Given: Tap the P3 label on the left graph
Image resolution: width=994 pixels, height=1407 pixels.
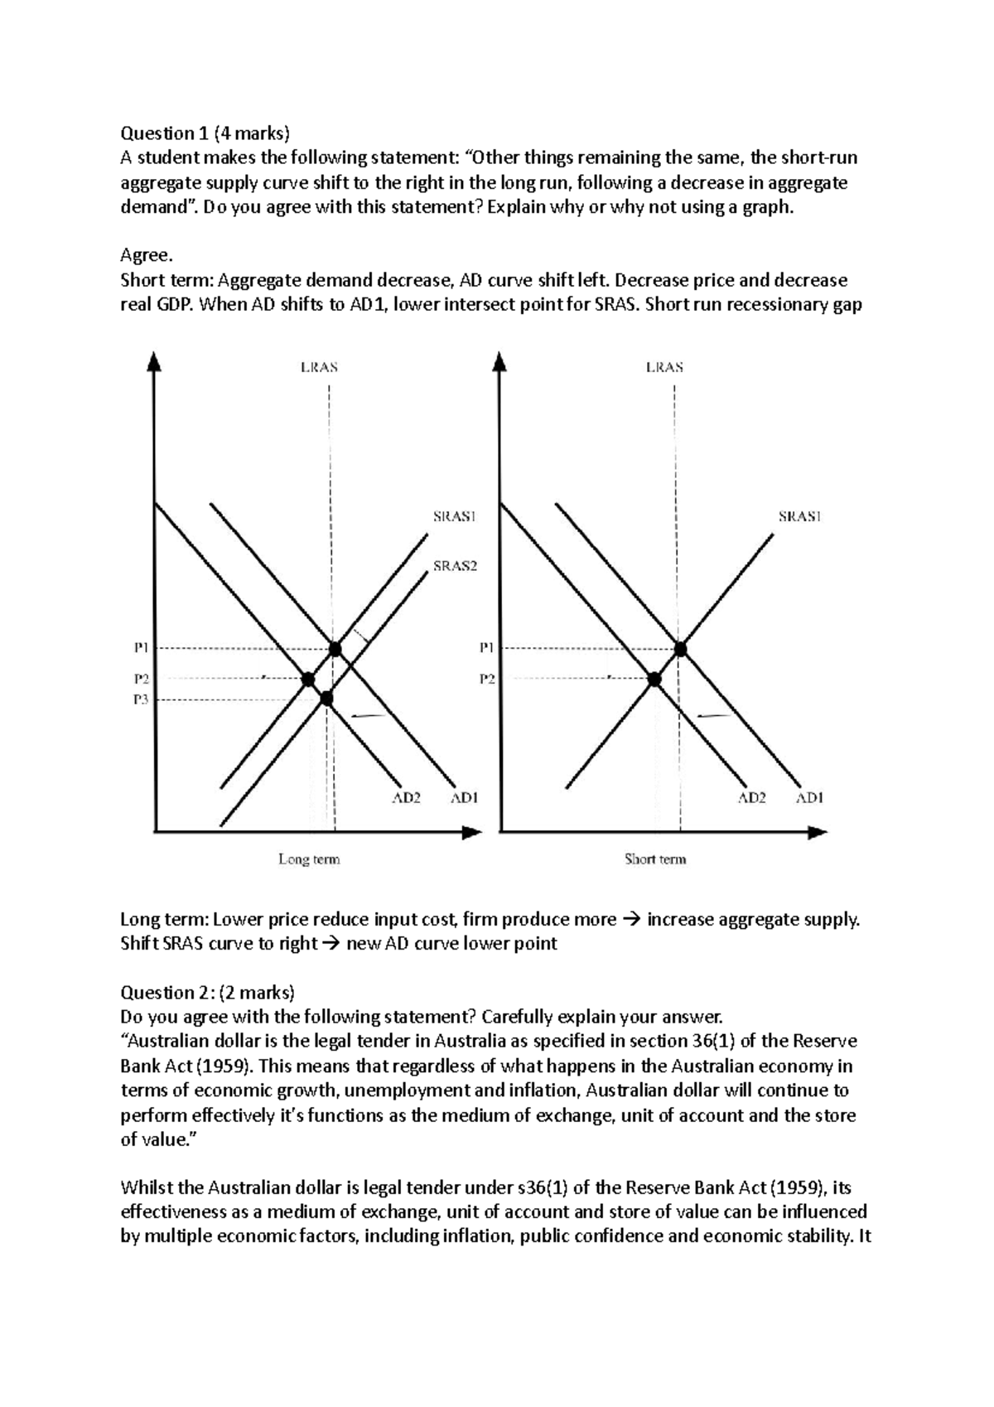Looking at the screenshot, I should (140, 699).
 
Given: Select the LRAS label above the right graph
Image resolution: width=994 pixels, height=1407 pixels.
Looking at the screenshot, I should (664, 366).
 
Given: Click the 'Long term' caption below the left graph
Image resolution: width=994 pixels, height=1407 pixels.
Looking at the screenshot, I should (309, 859).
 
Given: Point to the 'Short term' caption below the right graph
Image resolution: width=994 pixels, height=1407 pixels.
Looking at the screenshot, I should (655, 859).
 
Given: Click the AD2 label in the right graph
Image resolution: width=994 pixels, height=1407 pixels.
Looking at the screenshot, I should (752, 798).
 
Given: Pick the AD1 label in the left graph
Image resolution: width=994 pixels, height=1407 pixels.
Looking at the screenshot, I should (464, 798).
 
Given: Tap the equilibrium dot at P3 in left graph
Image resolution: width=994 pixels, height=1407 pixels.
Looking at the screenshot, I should (326, 699).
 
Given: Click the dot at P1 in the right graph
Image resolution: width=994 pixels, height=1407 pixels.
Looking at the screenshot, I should (681, 649).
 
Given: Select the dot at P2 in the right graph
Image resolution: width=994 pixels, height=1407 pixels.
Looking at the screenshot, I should (654, 679).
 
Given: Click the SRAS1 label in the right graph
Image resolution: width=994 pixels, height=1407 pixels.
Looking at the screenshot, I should (799, 516).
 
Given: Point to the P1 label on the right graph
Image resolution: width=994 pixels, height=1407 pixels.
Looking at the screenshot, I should (486, 648).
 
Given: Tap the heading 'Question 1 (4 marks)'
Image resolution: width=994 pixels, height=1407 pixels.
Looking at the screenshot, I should (206, 133).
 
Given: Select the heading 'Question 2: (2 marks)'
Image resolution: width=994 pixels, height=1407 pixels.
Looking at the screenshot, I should (207, 992).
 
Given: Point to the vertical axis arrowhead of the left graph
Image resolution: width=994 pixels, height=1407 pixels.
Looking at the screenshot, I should (154, 362).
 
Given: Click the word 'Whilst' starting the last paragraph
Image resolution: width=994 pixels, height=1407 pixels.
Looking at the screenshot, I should (146, 1187).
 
